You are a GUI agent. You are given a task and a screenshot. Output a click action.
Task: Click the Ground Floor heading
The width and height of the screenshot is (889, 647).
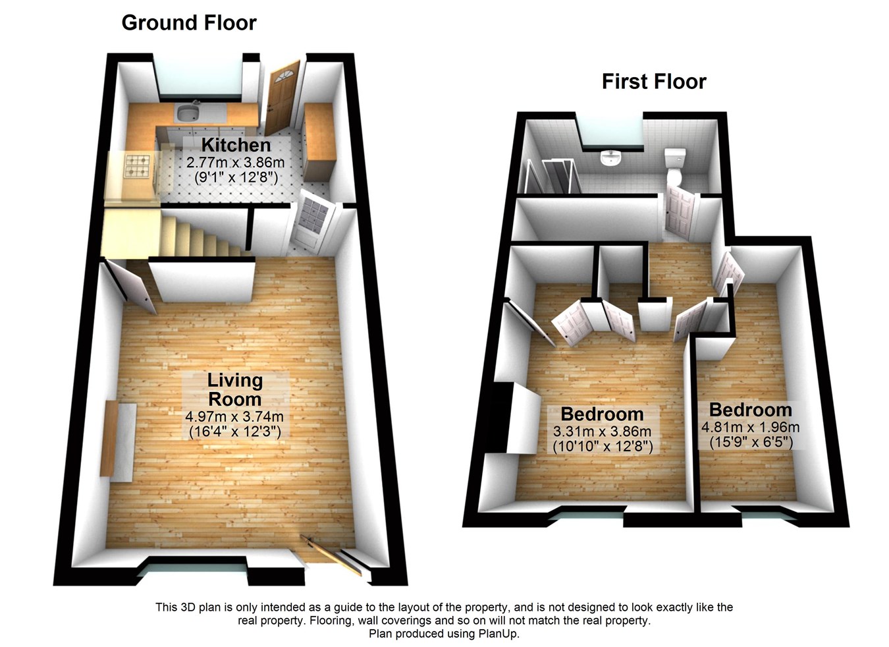[189, 23]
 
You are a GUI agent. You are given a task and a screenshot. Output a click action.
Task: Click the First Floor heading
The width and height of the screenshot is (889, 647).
[653, 82]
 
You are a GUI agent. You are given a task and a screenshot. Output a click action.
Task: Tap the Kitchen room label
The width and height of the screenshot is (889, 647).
[236, 145]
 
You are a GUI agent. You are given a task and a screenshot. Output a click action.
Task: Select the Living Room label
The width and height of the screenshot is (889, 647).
[234, 389]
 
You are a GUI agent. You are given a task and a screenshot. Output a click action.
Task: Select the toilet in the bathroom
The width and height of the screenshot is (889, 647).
[675, 165]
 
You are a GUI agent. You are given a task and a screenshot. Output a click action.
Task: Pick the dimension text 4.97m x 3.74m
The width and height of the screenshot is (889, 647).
[234, 417]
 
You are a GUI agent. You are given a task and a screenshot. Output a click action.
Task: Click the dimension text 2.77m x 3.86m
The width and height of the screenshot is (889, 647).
[235, 162]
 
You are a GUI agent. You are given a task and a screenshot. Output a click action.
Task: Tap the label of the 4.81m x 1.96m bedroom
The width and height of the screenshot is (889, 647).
[750, 410]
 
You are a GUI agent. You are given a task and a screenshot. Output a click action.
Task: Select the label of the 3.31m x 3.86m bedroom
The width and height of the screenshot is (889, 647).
[602, 414]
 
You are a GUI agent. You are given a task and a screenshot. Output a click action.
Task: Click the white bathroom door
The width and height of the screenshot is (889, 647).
[679, 210]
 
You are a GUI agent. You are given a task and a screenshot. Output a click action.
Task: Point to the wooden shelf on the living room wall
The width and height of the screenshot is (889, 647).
[108, 437]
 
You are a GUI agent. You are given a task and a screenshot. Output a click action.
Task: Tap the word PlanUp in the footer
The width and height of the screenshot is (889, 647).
[501, 634]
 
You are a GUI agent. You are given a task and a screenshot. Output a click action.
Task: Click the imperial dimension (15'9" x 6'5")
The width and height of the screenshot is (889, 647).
[750, 442]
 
